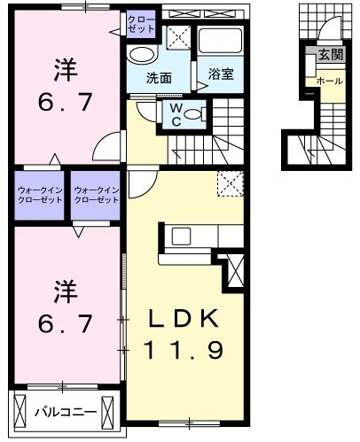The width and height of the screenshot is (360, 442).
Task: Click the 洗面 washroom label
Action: click(160, 76)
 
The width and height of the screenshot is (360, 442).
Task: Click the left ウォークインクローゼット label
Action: click(40, 195)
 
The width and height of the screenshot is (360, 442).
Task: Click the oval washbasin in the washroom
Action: click(141, 55)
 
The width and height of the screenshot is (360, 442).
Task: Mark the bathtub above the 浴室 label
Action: click(219, 41)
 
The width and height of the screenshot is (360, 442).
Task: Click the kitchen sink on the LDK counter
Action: click(180, 236)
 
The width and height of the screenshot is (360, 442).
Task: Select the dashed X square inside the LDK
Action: click(230, 184)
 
